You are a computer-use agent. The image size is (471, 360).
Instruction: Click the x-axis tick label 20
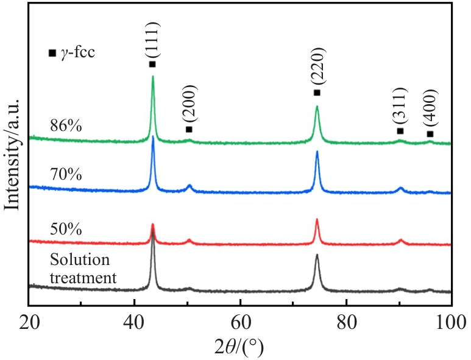tap(29, 322)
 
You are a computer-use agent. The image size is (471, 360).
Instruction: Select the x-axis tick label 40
tap(135, 322)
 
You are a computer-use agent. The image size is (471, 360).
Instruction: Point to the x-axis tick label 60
tap(241, 322)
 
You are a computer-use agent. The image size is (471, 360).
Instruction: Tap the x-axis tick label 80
tap(346, 322)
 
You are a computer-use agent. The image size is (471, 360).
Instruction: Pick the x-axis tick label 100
tap(449, 322)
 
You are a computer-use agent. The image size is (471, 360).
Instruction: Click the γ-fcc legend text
tap(82, 52)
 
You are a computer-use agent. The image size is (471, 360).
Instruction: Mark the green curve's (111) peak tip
tap(152, 76)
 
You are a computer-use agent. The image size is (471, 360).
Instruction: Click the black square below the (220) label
tap(317, 93)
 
